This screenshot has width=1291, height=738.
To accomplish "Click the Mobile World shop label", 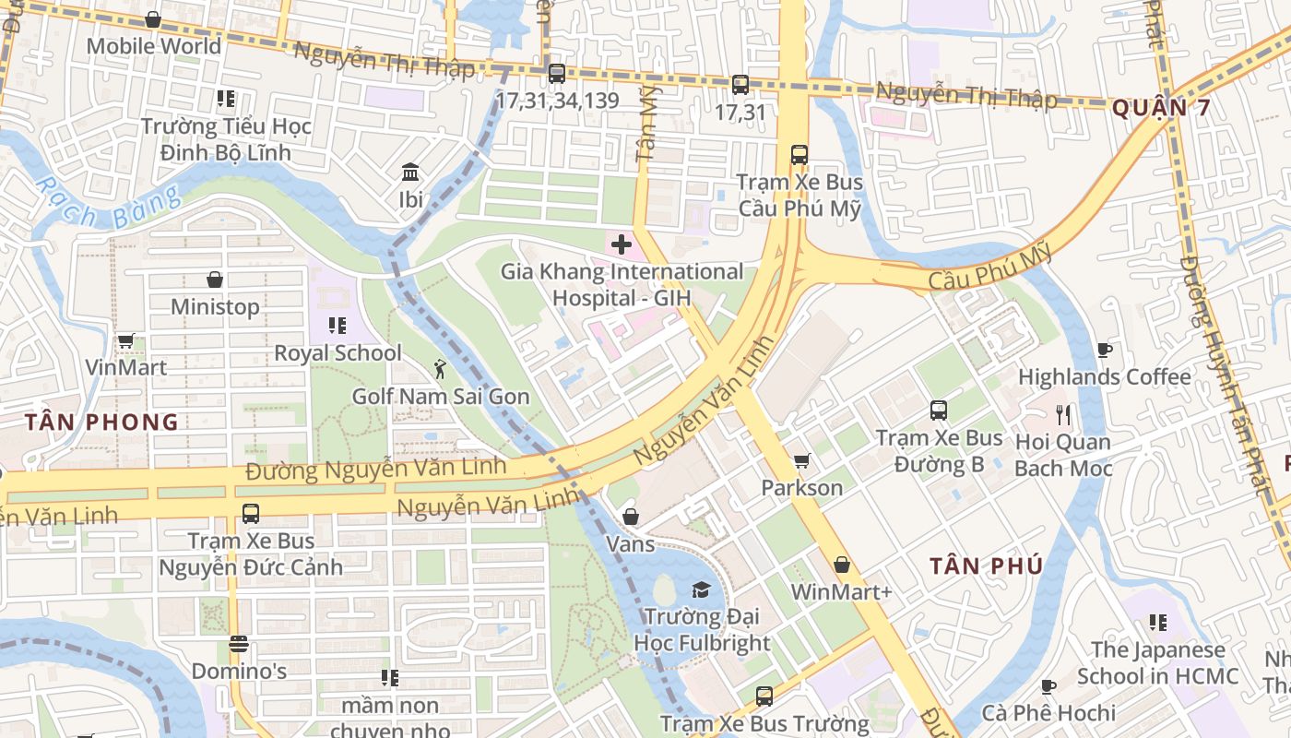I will tap(153, 45).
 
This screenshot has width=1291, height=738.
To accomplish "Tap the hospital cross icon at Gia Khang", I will tap(622, 244).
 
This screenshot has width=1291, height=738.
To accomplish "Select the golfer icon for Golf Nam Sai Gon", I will tap(440, 369).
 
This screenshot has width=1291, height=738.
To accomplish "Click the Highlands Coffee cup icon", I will tap(1105, 350).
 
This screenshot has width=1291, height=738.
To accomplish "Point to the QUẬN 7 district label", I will tap(1160, 108).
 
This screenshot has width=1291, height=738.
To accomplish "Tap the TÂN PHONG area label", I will tap(101, 423).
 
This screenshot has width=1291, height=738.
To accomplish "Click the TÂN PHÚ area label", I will tap(986, 565).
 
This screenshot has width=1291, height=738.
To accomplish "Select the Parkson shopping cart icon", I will tap(802, 460).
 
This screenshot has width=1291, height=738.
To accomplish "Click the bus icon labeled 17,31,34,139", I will tap(556, 74).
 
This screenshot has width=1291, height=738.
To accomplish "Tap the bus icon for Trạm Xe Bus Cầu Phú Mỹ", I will tap(799, 155).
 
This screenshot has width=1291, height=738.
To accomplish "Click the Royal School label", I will tap(338, 352).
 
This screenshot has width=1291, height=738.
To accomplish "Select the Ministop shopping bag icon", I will tap(215, 280).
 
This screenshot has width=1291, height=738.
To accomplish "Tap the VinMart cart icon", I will tap(126, 341).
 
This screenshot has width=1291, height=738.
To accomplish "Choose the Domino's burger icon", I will tap(239, 644).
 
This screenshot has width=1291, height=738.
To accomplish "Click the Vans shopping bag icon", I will tap(631, 517).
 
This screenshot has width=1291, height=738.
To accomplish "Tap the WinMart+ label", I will tap(841, 591).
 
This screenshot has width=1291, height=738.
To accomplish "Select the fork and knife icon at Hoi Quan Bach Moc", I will tap(1062, 414).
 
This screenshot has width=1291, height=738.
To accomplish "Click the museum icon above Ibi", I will tap(410, 173).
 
